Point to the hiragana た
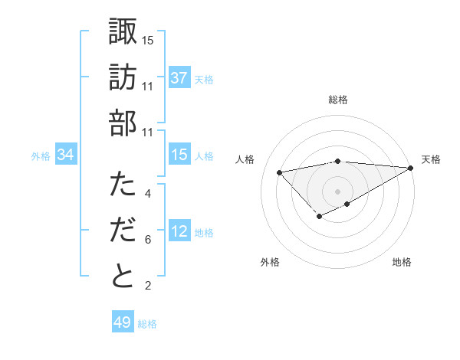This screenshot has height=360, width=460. [x=123, y=185]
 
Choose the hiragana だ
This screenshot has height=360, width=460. [x=123, y=231]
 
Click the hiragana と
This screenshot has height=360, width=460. [x=123, y=276]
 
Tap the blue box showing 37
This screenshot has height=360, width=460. [x=179, y=78]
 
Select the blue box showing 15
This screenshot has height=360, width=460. [x=179, y=155]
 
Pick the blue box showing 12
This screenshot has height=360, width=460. [x=179, y=231]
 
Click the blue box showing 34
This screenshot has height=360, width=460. [x=66, y=155]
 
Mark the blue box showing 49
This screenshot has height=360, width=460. [x=123, y=322]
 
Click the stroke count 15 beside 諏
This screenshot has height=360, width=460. [x=148, y=40]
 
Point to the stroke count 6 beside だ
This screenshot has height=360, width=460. [x=148, y=241]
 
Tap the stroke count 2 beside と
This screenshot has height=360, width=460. [x=148, y=286]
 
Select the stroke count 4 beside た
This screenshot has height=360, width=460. [x=148, y=195]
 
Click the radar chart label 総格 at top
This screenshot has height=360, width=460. [x=338, y=100]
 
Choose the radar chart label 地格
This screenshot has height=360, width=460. [x=402, y=262]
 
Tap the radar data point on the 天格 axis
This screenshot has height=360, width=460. [x=412, y=169]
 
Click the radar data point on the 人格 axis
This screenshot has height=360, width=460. [x=280, y=172]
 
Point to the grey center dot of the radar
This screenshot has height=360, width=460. [x=338, y=190]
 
